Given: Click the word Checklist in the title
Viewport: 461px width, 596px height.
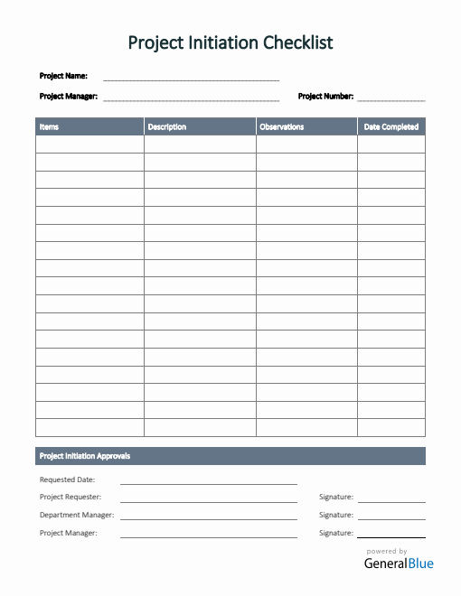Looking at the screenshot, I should [297, 42].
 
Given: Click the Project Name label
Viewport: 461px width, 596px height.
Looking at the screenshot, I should [63, 76].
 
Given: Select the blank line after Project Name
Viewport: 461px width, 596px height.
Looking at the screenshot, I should [191, 79].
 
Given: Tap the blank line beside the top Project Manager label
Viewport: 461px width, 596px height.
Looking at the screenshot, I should [191, 98].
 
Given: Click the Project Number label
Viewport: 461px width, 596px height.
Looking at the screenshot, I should [325, 96].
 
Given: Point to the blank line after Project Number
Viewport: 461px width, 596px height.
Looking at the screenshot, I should [390, 98].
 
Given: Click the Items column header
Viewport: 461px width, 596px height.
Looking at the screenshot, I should [49, 127].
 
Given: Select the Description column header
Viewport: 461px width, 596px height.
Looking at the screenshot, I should [167, 127].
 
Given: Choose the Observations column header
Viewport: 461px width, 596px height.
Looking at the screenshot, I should [282, 127].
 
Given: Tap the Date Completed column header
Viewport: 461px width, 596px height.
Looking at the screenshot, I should [391, 127].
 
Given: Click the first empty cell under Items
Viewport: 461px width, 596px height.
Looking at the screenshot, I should [89, 144].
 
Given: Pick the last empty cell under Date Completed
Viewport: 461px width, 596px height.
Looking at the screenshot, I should [391, 428].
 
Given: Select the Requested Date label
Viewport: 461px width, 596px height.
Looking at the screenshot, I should [67, 480].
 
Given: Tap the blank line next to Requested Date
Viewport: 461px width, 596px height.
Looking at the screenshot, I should [208, 482].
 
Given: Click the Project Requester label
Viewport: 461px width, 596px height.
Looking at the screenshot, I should [71, 497].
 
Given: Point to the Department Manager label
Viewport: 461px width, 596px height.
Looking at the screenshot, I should [77, 515].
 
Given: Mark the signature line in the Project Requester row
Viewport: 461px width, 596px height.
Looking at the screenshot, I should [390, 500].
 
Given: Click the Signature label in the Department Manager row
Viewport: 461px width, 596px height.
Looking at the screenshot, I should [336, 515].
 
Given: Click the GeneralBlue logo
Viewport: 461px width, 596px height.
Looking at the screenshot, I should [399, 563].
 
